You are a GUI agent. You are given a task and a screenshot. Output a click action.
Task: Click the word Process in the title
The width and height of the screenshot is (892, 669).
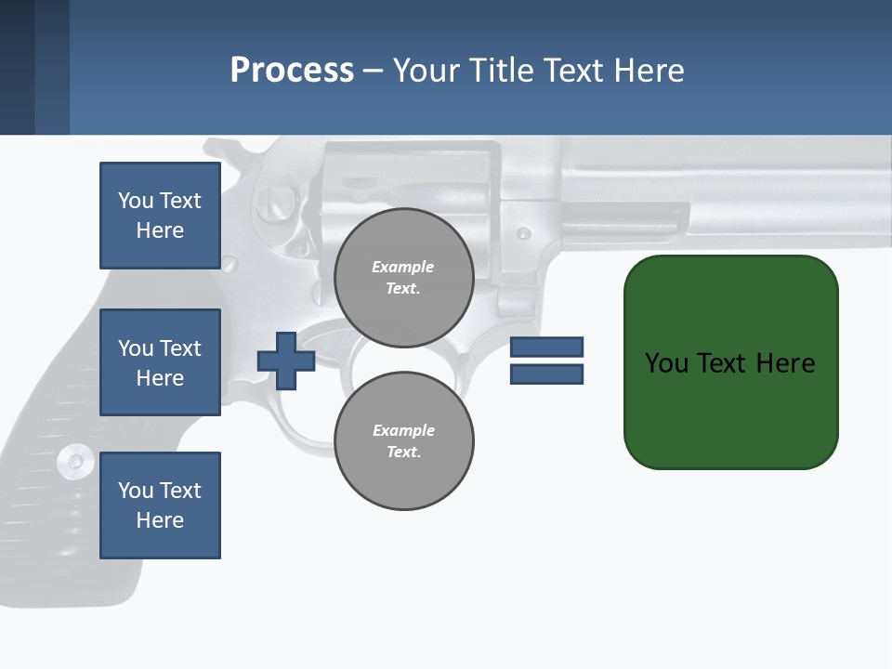(292, 70)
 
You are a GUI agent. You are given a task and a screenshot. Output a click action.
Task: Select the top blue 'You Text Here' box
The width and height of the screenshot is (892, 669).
(160, 216)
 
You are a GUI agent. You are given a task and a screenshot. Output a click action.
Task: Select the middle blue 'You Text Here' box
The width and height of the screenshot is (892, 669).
(160, 362)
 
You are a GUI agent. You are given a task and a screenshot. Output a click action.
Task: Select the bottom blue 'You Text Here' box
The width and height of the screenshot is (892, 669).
(160, 505)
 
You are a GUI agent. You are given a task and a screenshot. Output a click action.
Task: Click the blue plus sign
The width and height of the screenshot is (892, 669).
(286, 360)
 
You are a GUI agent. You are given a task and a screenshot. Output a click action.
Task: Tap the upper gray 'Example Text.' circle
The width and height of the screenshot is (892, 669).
(404, 278)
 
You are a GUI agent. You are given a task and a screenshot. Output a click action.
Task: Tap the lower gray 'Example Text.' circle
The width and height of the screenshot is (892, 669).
(404, 440)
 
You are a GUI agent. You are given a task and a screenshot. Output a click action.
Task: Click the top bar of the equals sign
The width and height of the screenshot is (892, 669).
(546, 348)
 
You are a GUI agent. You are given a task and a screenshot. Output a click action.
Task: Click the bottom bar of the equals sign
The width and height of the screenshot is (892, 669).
(546, 374)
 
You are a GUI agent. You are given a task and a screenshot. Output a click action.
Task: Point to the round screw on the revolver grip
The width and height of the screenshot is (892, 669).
(73, 461)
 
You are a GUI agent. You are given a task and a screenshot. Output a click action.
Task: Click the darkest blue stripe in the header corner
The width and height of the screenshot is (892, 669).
(17, 67)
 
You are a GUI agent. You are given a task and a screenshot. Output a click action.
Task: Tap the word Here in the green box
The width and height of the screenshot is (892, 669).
(785, 363)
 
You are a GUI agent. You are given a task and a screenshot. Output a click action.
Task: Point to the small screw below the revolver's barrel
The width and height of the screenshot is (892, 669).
(524, 233)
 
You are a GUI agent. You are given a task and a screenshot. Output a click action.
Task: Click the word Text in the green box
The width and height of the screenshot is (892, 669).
(722, 363)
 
